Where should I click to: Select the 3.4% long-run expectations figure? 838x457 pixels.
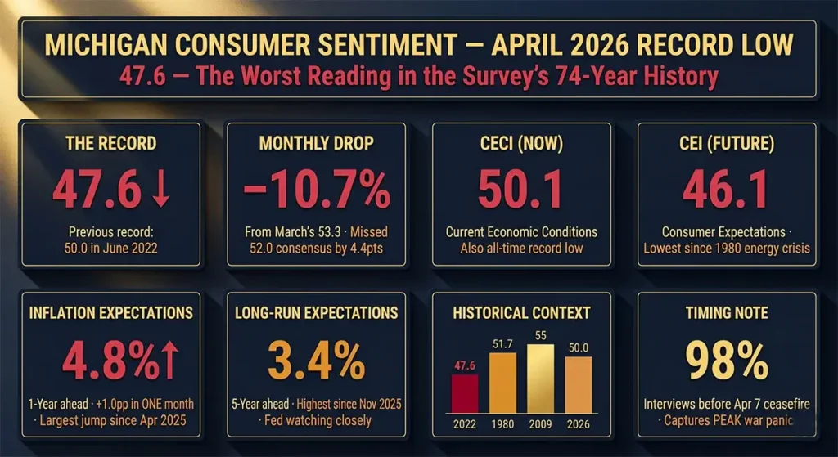[315, 360]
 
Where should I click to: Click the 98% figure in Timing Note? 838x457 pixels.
[726, 360]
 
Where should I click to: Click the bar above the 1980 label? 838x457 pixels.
[502, 383]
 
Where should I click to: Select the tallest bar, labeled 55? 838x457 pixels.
[540, 378]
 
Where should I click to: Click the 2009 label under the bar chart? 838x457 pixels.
[540, 423]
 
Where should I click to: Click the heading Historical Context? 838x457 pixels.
[520, 313]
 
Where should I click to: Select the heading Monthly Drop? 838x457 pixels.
[315, 143]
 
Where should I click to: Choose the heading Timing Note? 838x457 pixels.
[726, 313]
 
